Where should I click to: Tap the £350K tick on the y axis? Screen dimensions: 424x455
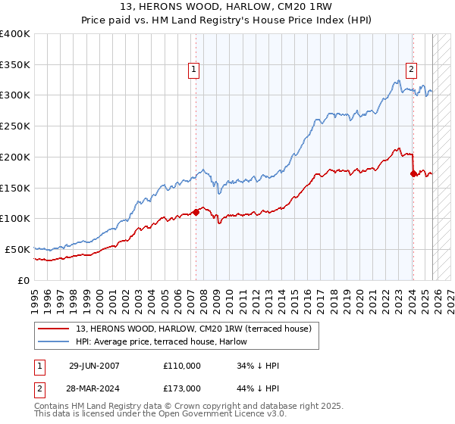pyautogui.click(x=15, y=65)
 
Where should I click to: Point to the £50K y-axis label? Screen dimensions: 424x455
pyautogui.click(x=17, y=249)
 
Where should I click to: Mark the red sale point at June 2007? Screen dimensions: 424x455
pyautogui.click(x=196, y=212)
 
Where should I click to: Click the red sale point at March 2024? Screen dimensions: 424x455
pyautogui.click(x=413, y=173)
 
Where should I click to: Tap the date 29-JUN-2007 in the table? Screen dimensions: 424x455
pyautogui.click(x=93, y=366)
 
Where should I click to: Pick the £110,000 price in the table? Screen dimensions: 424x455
pyautogui.click(x=182, y=366)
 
